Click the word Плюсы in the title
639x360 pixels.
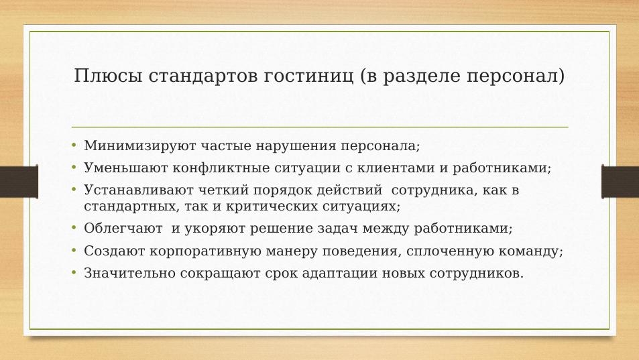tap(109, 76)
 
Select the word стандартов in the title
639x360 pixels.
tap(203, 76)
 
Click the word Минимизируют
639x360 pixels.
tap(140, 145)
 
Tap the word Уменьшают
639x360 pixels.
tap(125, 168)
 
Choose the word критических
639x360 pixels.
tap(272, 206)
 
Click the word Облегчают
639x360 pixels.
tap(123, 228)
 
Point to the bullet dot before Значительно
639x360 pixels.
tap(74, 272)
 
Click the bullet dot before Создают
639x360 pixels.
tap(74, 249)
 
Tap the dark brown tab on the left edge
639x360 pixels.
tap(19, 182)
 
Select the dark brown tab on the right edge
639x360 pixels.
tap(620, 182)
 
